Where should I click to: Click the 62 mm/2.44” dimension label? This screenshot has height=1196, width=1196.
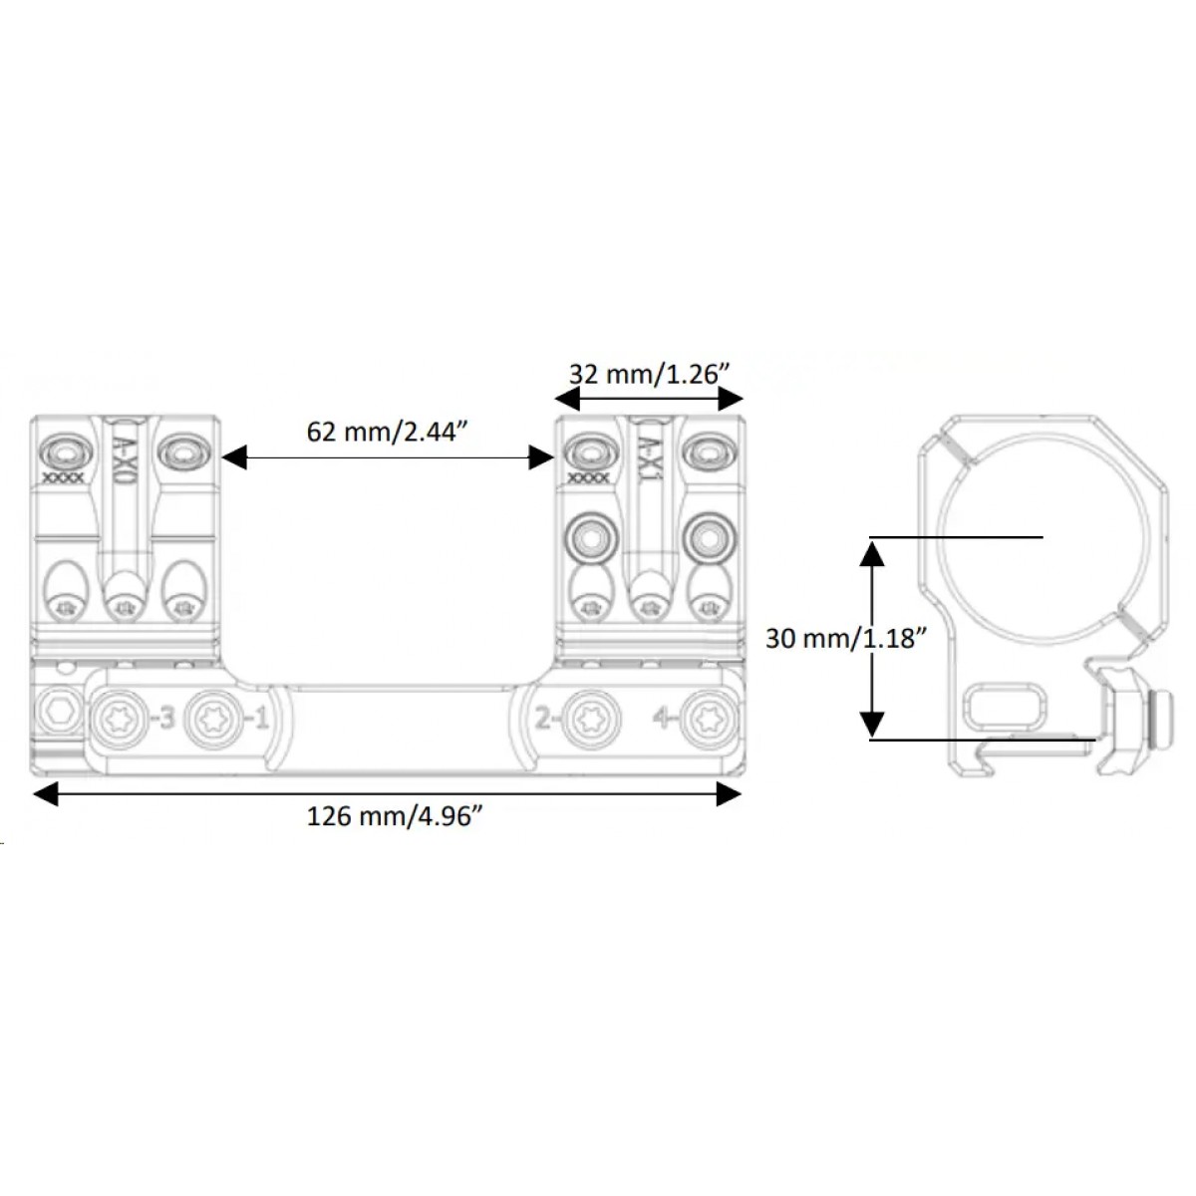386,432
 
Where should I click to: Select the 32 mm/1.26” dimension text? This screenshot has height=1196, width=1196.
649,375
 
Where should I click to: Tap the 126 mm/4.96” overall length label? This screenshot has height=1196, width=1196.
395,816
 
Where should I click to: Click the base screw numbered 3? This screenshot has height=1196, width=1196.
121,720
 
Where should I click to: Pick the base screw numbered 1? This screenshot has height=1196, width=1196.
212,720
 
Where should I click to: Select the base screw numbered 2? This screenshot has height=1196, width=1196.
593,720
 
